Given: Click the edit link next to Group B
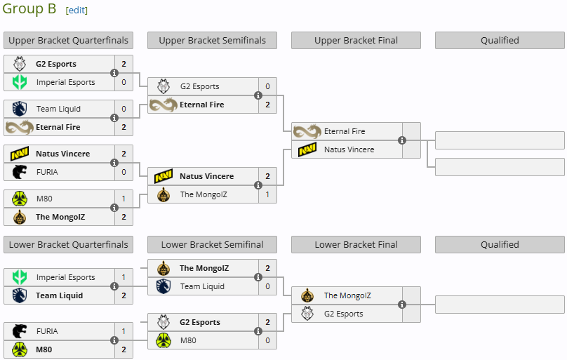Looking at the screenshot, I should point(76,11).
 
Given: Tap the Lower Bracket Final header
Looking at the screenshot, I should point(356,244).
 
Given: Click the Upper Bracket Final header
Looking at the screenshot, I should point(356,40).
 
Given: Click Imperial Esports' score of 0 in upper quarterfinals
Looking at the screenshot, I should point(124,82).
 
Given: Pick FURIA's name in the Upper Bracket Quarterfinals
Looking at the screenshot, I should point(48,172).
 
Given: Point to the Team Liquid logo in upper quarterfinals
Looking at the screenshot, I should point(20,109).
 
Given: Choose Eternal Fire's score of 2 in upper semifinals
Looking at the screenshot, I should point(267,105).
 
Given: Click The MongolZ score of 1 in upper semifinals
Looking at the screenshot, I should point(267,194).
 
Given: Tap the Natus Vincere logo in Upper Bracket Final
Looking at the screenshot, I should point(307,149).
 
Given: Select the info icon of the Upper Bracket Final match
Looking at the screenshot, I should point(402,140).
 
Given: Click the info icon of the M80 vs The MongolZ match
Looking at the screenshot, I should point(114,208).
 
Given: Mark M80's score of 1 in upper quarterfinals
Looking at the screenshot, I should point(124,199).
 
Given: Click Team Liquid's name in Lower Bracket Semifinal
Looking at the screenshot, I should point(202,286).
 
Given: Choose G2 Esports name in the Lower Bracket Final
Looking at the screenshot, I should point(344,314).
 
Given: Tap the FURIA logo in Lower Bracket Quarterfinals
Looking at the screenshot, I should point(20,331).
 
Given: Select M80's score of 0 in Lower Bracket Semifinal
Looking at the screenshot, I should point(267,340).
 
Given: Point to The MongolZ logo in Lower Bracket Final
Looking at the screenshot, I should point(307,295).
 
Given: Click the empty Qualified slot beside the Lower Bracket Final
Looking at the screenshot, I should point(500,305).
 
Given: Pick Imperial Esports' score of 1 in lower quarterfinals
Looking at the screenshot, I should point(124,277).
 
